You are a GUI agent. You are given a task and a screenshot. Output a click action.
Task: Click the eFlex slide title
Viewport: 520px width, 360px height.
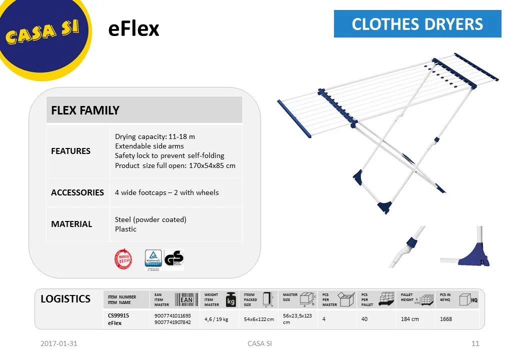[133, 29]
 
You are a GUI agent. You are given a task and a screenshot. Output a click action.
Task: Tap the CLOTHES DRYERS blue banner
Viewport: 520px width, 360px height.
[417, 24]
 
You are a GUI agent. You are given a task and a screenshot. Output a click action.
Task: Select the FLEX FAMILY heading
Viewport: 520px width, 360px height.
[85, 110]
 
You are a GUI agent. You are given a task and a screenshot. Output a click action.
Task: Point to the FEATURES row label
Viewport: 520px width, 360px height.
[71, 151]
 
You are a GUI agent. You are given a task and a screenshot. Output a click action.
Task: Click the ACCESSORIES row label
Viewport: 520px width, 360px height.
[77, 192]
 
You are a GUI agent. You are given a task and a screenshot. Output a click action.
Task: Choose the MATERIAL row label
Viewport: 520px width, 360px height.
[71, 224]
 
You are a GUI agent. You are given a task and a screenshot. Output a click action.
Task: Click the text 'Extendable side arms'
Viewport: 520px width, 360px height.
[149, 146]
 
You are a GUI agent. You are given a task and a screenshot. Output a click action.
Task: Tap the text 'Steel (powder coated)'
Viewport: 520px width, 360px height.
[150, 219]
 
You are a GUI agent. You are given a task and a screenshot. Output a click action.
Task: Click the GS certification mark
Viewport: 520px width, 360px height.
[174, 259]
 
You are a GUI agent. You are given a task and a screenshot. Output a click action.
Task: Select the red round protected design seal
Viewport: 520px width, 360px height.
[123, 259]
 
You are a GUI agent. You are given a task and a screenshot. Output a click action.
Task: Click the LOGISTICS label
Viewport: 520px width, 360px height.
[65, 299]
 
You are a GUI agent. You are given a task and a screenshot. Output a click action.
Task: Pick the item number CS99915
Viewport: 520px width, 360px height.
[118, 315]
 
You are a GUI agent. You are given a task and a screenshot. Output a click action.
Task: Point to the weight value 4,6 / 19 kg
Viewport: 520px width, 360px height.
[216, 319]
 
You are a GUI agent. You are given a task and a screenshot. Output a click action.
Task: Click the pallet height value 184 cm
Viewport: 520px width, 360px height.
[410, 319]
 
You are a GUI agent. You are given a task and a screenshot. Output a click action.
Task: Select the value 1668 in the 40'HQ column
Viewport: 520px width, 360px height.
[446, 319]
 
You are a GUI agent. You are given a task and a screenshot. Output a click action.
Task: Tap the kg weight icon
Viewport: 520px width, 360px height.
[231, 299]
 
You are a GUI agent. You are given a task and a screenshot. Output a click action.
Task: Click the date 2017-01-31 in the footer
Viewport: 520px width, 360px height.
[59, 343]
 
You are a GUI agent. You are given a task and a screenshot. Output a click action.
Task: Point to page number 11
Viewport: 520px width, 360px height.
[475, 343]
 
